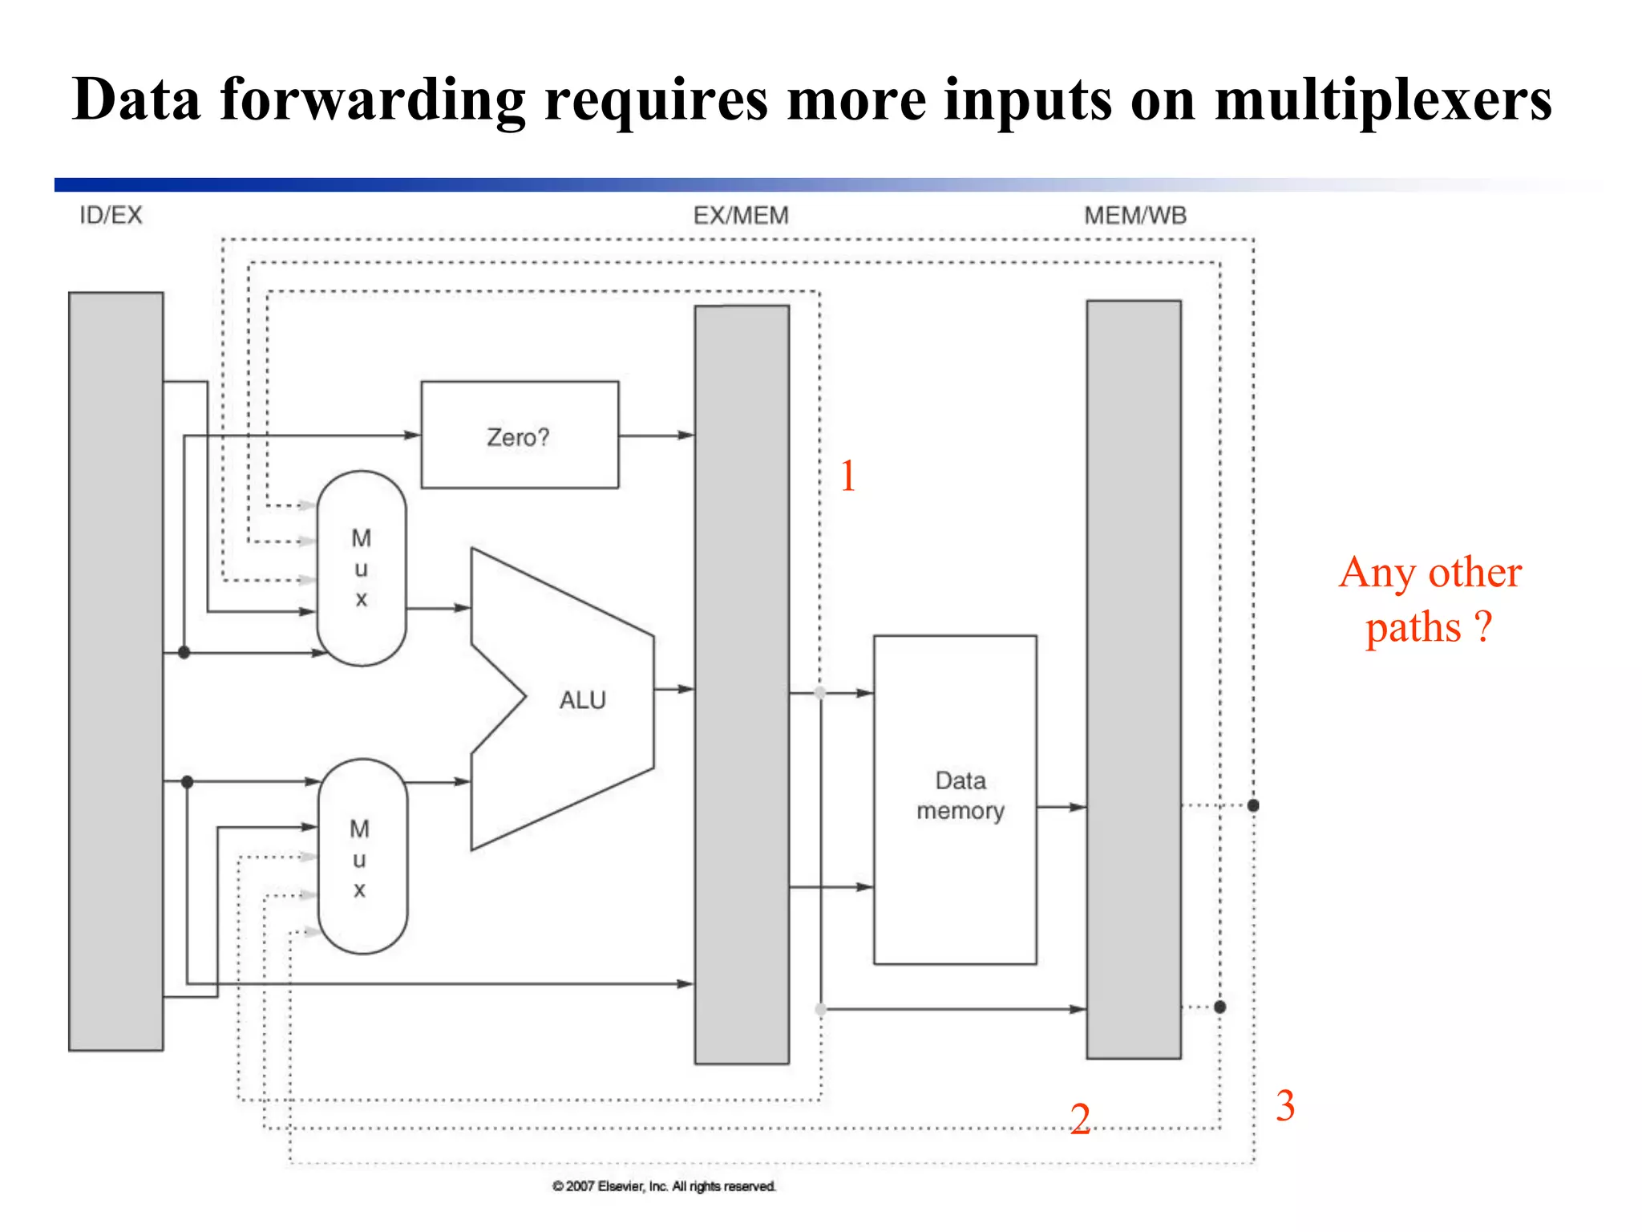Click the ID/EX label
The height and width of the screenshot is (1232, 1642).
pos(111,215)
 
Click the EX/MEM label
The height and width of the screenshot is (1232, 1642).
pos(741,215)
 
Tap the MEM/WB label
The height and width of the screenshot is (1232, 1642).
pos(1134,215)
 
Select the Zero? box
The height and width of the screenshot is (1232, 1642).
pos(520,435)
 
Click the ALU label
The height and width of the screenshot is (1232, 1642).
pos(582,700)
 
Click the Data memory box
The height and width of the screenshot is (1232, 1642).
pos(955,799)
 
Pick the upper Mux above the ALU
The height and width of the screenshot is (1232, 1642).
pos(362,568)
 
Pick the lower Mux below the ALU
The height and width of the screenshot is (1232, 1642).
pos(362,857)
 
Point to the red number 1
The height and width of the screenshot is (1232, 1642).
pos(848,476)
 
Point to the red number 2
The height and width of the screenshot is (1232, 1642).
pos(1080,1118)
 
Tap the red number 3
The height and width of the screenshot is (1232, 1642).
pos(1285,1105)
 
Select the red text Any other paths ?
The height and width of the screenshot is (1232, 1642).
pos(1430,599)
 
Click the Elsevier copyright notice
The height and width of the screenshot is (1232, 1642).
pos(664,1186)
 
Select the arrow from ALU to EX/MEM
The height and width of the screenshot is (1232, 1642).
pos(673,689)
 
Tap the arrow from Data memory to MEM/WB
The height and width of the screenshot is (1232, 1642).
pos(1061,807)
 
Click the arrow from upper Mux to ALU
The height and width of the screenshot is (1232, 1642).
pos(438,608)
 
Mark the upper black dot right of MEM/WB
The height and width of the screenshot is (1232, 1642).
pos(1253,805)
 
